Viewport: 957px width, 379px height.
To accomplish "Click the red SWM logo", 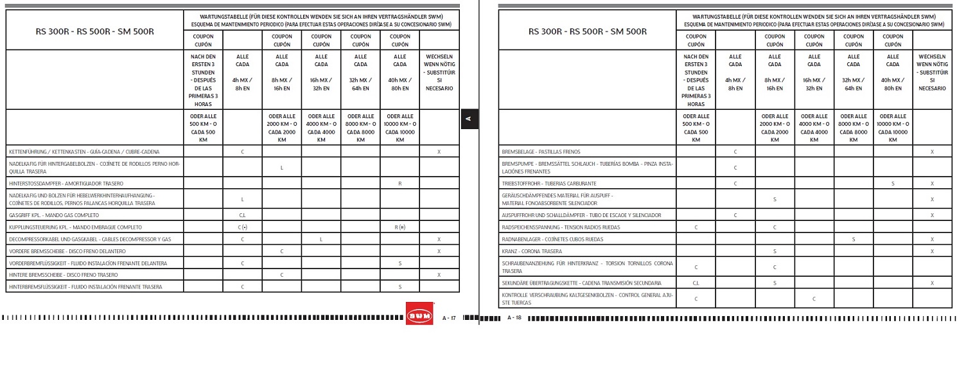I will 419,314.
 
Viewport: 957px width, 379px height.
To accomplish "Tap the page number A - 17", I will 449,318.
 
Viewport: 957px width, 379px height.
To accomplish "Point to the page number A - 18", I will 514,318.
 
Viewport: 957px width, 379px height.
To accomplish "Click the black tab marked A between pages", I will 469,119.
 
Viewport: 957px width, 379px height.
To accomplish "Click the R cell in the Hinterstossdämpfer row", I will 399,183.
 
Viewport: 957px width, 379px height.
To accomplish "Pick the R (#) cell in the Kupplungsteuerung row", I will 399,227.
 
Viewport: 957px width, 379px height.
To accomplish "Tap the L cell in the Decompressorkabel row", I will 321,239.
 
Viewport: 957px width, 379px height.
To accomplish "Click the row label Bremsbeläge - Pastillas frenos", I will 541,152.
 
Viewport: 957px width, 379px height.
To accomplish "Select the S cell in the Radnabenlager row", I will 854,239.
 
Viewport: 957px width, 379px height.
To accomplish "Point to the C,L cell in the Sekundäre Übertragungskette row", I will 696,283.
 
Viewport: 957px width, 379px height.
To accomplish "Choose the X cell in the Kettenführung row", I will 439,152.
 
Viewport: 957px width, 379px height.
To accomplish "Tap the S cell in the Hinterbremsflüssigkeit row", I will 399,286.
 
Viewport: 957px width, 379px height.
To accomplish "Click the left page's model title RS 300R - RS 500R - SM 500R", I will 94,30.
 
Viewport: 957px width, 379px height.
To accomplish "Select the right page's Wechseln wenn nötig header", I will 932,73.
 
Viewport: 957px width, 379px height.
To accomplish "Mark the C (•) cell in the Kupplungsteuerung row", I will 242,227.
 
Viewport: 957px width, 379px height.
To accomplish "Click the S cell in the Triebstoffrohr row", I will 893,184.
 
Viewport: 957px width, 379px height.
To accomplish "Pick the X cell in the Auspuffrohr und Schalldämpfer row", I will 932,215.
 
